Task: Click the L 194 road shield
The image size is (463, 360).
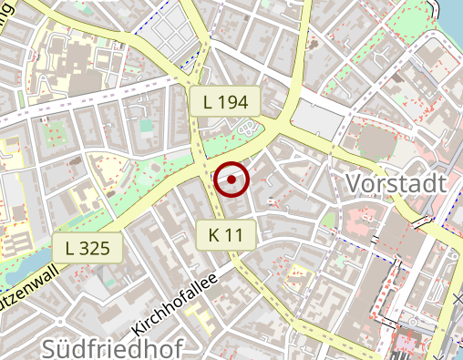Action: coord(226,102)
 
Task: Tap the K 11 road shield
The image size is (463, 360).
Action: coord(226,235)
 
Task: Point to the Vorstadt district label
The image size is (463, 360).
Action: coord(396,184)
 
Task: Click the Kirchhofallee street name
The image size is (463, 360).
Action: coord(176,300)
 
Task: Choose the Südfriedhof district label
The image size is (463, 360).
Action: coord(112,347)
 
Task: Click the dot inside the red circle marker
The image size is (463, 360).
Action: coord(232,180)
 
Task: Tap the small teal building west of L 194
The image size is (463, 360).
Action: coord(146,125)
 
